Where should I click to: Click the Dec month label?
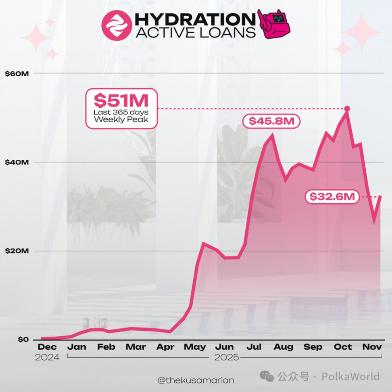47,347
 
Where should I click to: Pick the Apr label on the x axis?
165,347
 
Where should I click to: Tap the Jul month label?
254,347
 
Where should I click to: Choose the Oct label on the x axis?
342,347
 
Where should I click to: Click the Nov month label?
371,347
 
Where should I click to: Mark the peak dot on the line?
347,108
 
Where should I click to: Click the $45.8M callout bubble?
271,121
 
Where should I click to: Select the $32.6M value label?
332,197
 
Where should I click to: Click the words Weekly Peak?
121,120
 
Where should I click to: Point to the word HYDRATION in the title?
193,19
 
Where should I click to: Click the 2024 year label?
47,357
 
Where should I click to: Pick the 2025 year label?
226,357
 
